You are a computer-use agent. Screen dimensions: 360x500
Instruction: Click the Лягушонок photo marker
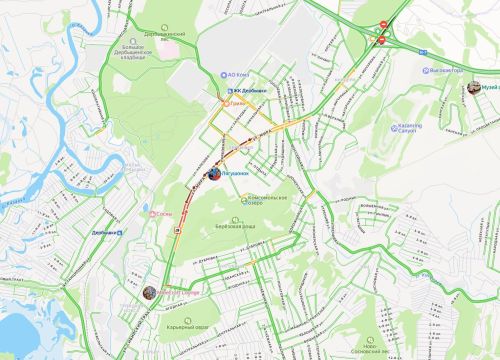click(214, 174)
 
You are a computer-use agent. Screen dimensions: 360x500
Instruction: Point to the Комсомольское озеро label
click(268, 200)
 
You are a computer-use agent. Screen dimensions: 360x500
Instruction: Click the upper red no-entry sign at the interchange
click(384, 23)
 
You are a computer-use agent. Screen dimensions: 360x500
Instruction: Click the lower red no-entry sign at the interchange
click(380, 40)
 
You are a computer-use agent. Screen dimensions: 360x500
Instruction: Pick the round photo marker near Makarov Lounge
click(149, 293)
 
